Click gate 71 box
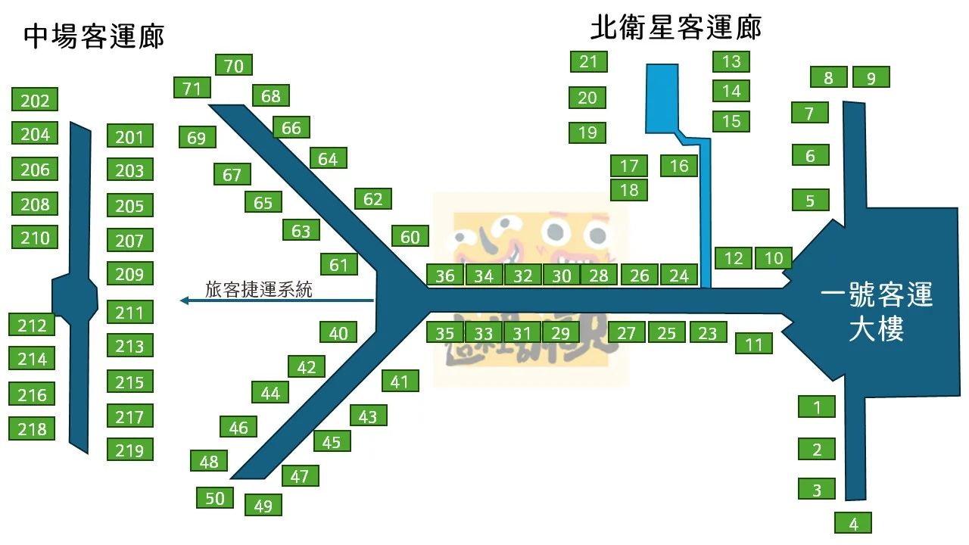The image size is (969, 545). (192, 88)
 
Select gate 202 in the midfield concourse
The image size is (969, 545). (35, 100)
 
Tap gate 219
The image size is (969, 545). (129, 450)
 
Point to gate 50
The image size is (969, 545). (215, 497)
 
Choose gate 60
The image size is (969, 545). (410, 237)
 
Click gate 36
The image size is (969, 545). (445, 276)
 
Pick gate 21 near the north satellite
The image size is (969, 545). (588, 61)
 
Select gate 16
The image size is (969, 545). (679, 165)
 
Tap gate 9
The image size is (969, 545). (871, 77)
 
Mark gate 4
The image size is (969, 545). (854, 523)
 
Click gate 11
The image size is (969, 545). (754, 344)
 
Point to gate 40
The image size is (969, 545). (338, 332)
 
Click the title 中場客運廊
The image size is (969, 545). (94, 36)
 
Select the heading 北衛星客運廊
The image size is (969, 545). (675, 27)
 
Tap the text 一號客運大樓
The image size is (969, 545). (877, 312)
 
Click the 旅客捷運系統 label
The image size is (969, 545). (259, 289)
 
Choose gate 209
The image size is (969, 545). (129, 273)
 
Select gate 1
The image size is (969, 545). (817, 406)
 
